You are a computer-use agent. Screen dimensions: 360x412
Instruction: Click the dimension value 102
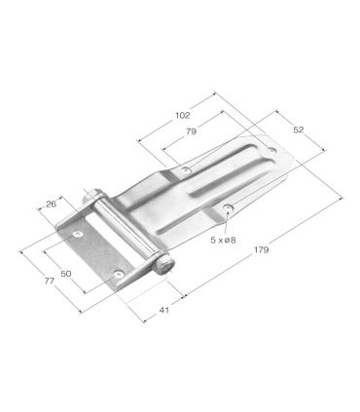click(x=182, y=115)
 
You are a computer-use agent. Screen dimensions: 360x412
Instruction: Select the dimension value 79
click(x=192, y=131)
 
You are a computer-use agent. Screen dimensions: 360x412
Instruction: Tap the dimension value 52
click(x=299, y=130)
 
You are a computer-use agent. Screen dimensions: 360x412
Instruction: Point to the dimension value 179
click(x=262, y=249)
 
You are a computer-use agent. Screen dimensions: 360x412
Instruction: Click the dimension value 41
click(x=164, y=310)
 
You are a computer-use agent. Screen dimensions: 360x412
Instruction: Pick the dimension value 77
click(x=50, y=281)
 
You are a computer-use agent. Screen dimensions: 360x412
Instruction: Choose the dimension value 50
click(x=66, y=274)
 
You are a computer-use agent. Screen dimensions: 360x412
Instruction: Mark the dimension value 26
click(x=51, y=204)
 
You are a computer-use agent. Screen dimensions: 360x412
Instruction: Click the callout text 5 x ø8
click(x=223, y=240)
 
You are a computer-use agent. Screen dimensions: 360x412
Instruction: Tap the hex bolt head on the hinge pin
click(x=165, y=266)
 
